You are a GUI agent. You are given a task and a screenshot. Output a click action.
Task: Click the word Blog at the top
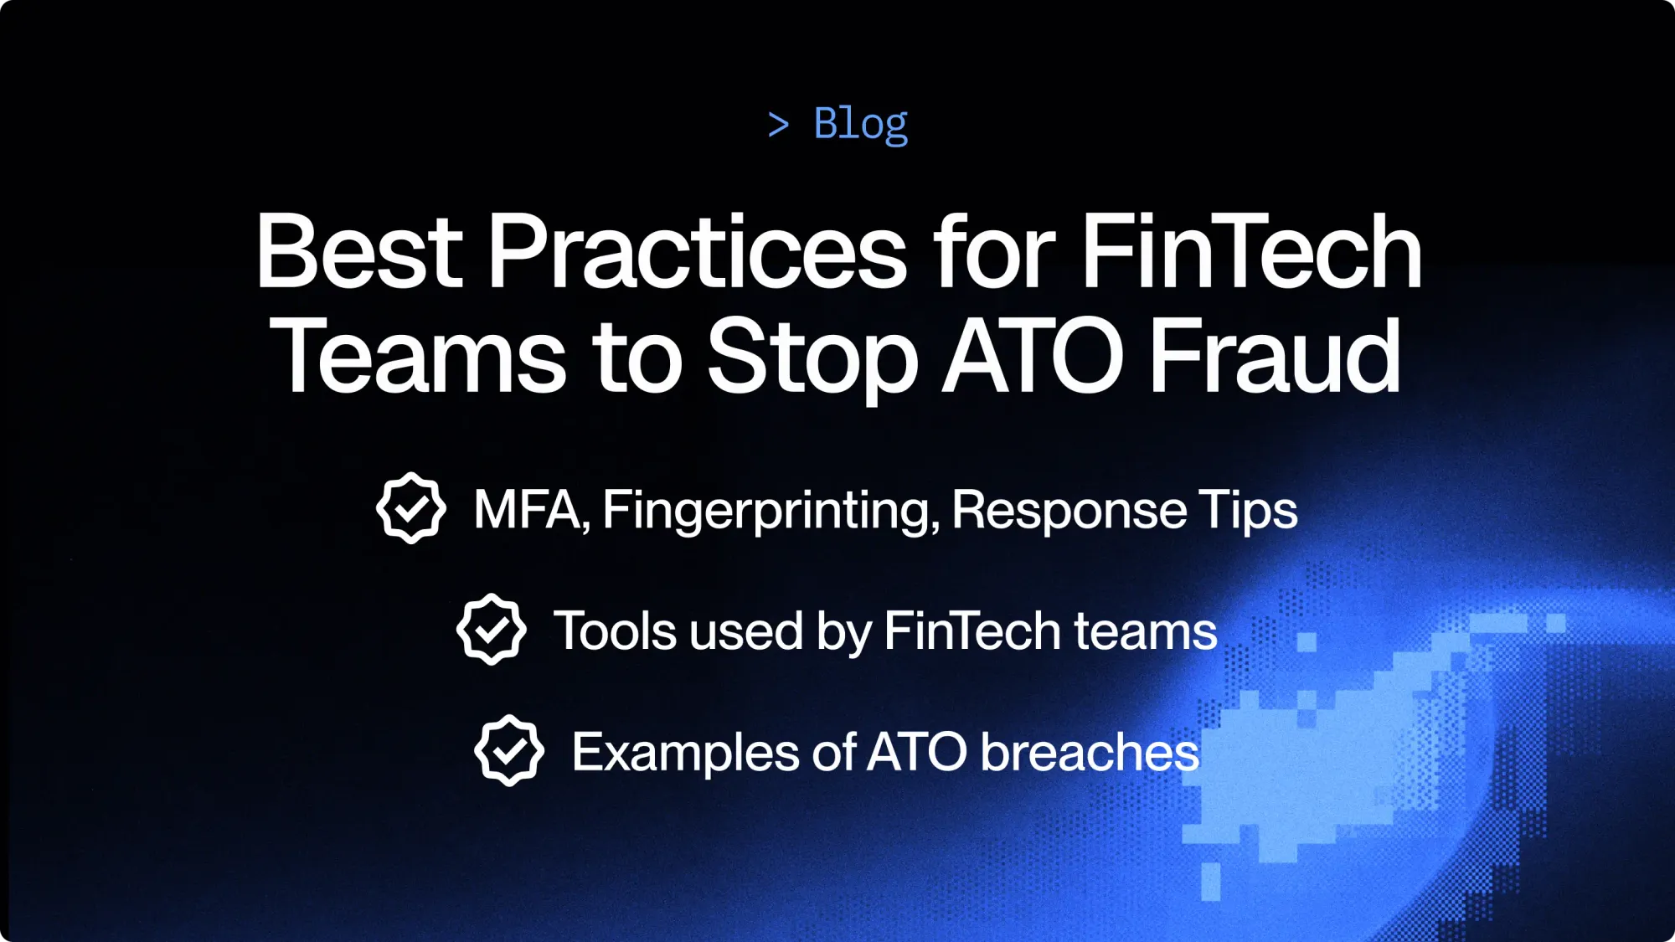pos(860,124)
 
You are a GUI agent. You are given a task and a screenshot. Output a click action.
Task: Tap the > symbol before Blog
pos(778,126)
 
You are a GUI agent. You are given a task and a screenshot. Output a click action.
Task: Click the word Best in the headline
pos(358,251)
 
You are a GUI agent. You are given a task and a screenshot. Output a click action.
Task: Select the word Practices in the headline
pos(697,251)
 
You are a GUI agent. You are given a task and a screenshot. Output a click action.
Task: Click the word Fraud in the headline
pos(1275,356)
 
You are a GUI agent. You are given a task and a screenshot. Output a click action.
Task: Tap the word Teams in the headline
pos(417,356)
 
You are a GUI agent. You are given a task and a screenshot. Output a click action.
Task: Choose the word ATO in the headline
pos(1033,356)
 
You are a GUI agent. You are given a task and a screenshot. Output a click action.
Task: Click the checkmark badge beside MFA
pos(411,508)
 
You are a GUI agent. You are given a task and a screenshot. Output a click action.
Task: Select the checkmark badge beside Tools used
pos(492,630)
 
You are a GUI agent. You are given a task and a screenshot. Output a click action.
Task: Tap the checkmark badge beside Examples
pos(509,750)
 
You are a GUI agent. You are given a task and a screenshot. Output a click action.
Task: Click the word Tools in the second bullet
pos(615,631)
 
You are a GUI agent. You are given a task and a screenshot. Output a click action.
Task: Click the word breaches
pos(1090,752)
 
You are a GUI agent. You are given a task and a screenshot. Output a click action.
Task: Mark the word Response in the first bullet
pos(1069,511)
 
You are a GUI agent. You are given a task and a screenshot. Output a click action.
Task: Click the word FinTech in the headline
pos(1251,251)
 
